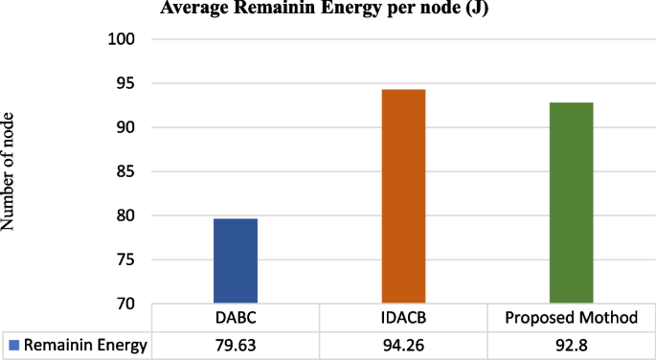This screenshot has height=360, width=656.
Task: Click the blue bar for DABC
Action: pos(236,261)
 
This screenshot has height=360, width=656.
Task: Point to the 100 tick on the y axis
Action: pos(126,40)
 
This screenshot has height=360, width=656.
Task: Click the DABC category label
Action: pos(236,318)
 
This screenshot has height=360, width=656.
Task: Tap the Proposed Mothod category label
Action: pos(571,318)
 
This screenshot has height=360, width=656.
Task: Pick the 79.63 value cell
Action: pos(236,346)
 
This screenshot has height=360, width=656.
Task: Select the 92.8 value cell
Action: pos(571,346)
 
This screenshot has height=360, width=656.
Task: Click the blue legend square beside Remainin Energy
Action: pos(12,346)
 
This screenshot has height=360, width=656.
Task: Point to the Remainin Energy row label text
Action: pos(86,346)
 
